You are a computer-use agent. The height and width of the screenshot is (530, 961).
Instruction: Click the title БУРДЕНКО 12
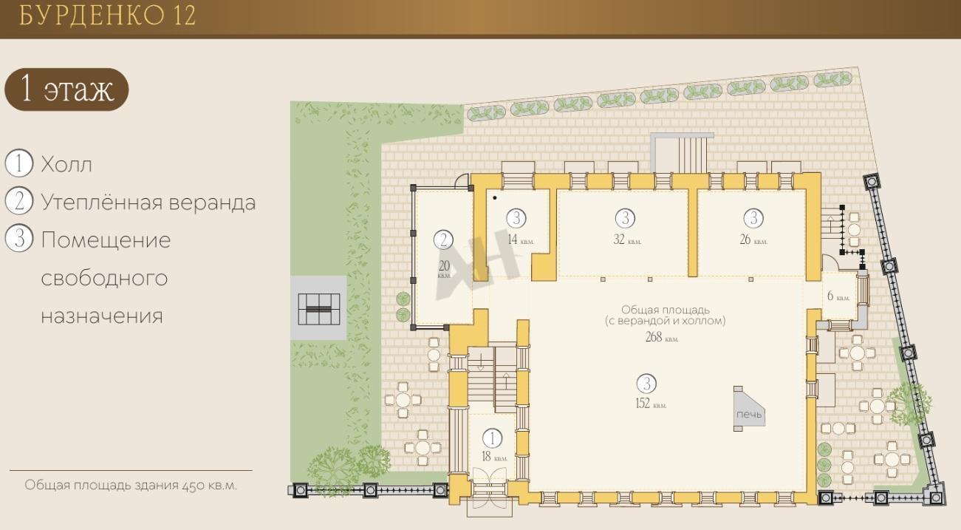[107, 16]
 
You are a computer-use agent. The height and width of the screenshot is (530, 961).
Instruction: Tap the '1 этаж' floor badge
[66, 89]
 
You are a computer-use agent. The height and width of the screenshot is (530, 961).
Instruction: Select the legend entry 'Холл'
[66, 165]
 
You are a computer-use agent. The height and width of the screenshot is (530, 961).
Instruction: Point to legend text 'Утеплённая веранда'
[148, 203]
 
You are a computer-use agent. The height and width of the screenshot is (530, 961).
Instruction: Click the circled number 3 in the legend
[19, 239]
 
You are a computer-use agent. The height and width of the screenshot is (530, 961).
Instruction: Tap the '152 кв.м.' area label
[651, 404]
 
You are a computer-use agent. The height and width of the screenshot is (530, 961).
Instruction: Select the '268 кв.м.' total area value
[662, 337]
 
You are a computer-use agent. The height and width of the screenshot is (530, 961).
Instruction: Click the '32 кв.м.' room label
[627, 239]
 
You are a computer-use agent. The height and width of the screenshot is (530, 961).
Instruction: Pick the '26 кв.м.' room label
[753, 239]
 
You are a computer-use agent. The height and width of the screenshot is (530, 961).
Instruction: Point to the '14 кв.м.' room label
[521, 239]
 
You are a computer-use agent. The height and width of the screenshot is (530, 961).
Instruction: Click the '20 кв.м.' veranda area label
[444, 269]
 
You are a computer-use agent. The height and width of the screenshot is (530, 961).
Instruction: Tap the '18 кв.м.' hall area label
[494, 457]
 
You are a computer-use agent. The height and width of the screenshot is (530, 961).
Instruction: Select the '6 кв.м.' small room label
[838, 296]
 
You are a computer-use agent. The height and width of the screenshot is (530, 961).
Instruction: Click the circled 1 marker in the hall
[492, 438]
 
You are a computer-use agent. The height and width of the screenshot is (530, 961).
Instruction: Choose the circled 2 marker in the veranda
[444, 239]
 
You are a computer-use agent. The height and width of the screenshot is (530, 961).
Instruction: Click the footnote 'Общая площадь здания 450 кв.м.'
[131, 486]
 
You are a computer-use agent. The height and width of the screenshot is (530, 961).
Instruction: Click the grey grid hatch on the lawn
[319, 309]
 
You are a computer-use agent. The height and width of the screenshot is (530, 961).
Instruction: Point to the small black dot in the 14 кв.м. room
[495, 198]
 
